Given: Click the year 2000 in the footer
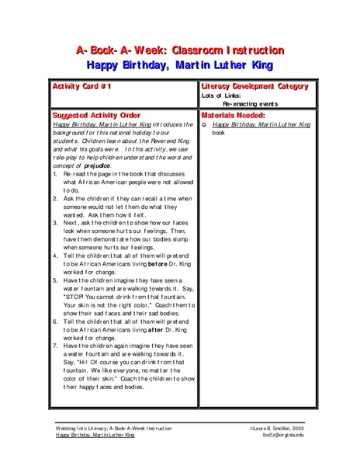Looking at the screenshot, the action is pyautogui.click(x=308, y=428).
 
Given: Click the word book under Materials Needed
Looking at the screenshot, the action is pyautogui.click(x=218, y=131).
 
